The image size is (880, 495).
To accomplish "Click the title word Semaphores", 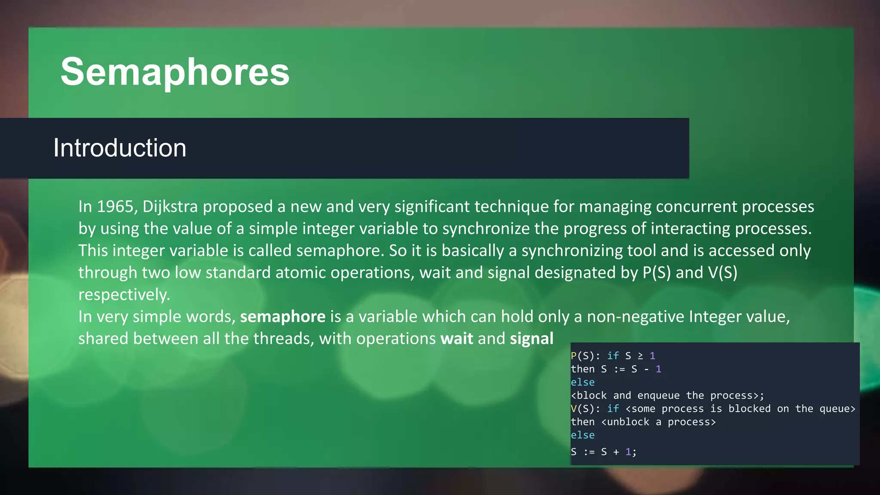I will coord(175,72).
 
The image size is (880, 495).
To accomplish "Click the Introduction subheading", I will coord(120,148).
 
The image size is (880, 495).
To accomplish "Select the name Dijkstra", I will coord(170,207).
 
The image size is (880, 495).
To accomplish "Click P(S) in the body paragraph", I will coord(656,273).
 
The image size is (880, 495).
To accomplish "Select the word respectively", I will coord(124,295).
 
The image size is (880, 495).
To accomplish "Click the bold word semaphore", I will coord(283,317).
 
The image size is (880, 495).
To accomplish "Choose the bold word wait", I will coord(456,339).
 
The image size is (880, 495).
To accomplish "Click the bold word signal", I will coord(532,339).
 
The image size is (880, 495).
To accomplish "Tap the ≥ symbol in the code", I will coord(640,356).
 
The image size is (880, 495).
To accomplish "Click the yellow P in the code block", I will coord(574,356).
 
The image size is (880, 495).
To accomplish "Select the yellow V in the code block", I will coord(574,409).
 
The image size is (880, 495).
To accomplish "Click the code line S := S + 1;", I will coord(603,452).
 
